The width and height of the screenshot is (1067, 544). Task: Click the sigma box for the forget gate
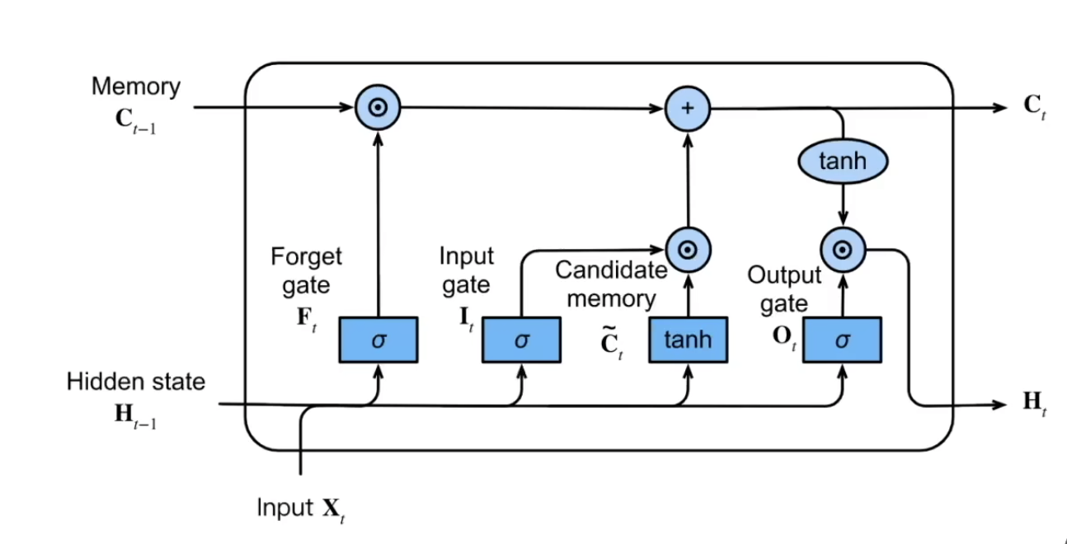coord(378,340)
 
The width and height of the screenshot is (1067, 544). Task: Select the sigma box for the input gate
coord(521,340)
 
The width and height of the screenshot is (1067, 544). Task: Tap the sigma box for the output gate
coord(842,340)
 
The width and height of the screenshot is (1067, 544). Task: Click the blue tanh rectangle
coord(687,340)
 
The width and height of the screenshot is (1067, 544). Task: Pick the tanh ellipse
coord(843,162)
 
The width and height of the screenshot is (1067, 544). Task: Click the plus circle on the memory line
coord(688,108)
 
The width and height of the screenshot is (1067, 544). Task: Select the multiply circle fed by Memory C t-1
coord(378,108)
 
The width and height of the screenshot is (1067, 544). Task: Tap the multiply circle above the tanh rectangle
coord(688,249)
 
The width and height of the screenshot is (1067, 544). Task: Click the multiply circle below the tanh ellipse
coord(843,249)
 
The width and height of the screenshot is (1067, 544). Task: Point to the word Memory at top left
coord(136,87)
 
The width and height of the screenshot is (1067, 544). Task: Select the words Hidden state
coord(136,382)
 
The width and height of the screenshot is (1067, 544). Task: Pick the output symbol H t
coord(1034,404)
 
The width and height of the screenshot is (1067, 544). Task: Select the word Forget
coord(306,257)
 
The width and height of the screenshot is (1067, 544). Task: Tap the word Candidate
coord(611,270)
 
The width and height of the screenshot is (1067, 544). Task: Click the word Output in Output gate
coord(784,275)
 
